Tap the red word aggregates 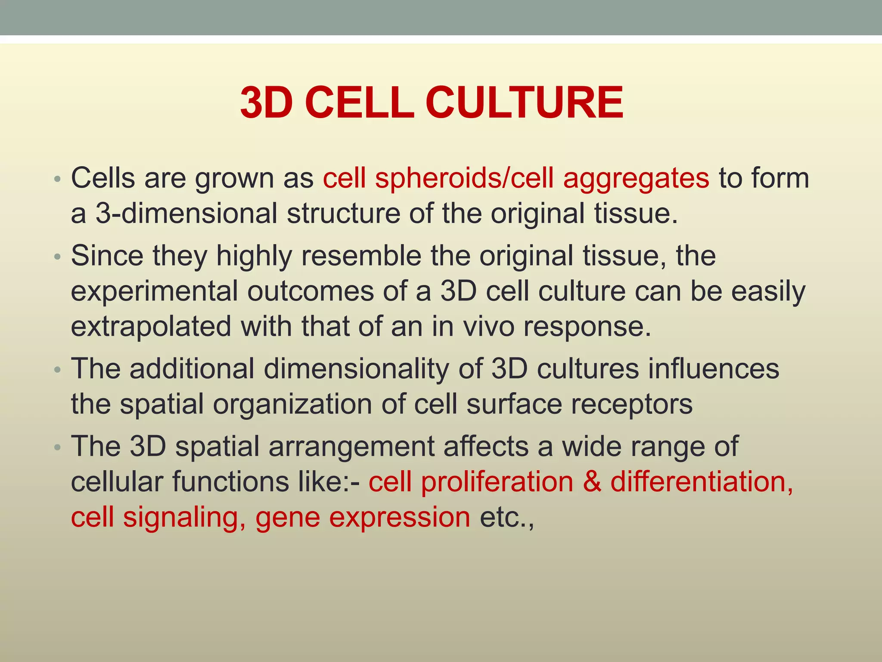(636, 178)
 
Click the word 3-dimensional (186, 213)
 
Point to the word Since (107, 256)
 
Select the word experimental (154, 291)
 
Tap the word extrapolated (151, 326)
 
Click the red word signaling (180, 517)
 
